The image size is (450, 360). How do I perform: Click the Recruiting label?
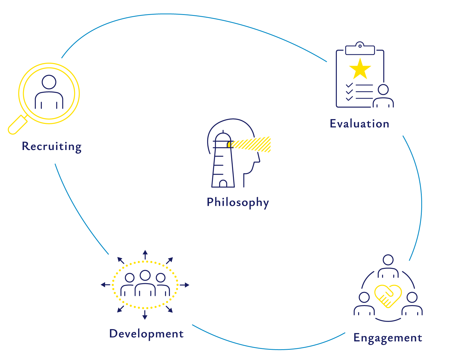tap(52, 146)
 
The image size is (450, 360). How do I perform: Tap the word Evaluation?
tap(359, 124)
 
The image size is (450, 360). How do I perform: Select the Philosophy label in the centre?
tap(237, 202)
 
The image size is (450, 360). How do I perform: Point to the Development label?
tap(146, 334)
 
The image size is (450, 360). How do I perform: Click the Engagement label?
tap(388, 338)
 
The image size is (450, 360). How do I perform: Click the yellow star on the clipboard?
tap(360, 69)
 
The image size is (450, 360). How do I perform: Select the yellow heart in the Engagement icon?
tap(388, 295)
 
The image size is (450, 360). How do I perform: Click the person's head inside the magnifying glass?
tap(49, 82)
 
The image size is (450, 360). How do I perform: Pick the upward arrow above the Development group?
tap(145, 254)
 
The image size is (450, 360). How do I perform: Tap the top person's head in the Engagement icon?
tap(388, 260)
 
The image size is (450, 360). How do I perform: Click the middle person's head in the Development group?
tap(145, 275)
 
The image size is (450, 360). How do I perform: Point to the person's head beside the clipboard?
tap(383, 89)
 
